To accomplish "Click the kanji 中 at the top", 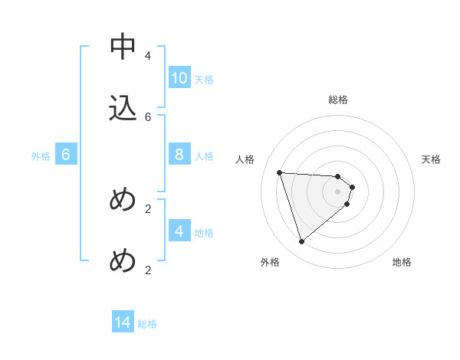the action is tap(123, 47).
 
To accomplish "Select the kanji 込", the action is tap(123, 108).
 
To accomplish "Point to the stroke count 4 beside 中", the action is tap(148, 56).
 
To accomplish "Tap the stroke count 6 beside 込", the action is tap(148, 116).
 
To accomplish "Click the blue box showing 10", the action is tap(179, 78).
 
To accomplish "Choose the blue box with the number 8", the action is tap(179, 155).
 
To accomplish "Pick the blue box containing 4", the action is tap(179, 231).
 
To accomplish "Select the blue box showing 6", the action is tap(66, 155).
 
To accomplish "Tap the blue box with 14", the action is tap(123, 322).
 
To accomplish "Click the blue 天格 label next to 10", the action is tap(204, 80).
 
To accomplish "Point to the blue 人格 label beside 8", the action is tap(204, 156).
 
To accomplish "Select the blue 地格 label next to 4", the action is tap(204, 233).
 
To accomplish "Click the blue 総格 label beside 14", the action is tap(147, 324).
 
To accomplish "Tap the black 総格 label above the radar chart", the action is tap(338, 100).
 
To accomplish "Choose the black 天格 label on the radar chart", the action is tap(432, 159).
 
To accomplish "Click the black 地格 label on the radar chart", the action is tap(402, 262).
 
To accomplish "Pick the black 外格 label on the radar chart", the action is tap(270, 262).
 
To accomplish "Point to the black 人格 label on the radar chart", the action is tap(245, 159).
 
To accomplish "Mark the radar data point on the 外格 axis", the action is tap(301, 242).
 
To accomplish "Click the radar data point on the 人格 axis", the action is tap(279, 172).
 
